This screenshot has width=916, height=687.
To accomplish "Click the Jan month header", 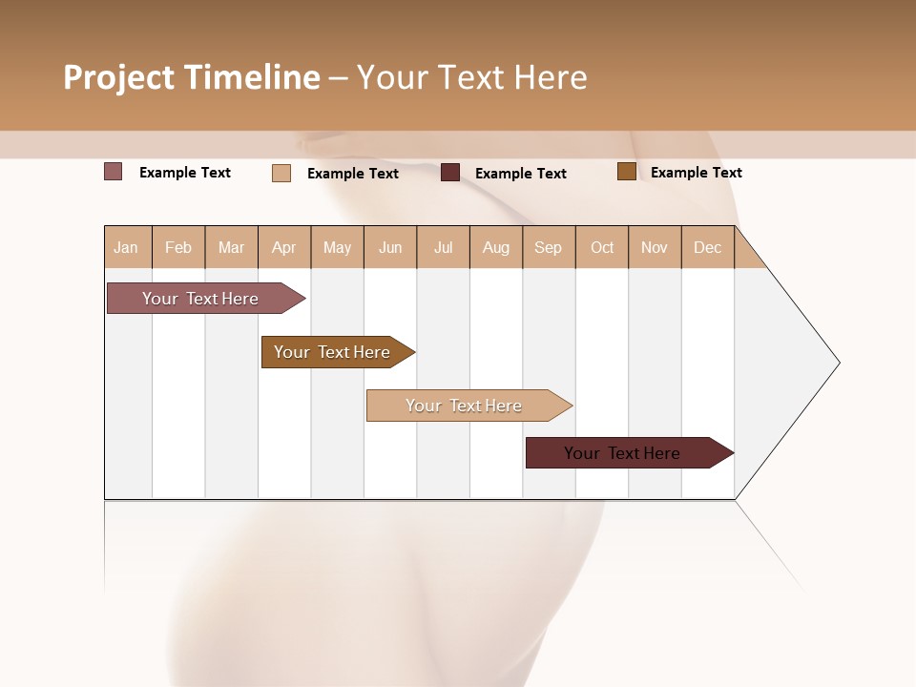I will click(x=127, y=247).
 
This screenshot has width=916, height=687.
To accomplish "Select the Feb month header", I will click(x=178, y=247).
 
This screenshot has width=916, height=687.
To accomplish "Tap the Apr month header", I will click(x=284, y=247).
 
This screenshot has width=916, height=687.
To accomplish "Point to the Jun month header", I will click(x=390, y=247).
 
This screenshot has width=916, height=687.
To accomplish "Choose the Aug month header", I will click(x=496, y=247).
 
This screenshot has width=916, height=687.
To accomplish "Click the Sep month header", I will click(x=549, y=247).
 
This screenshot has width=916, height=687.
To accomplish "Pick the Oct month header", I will click(x=602, y=247).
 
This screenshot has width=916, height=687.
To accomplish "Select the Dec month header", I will click(x=708, y=247).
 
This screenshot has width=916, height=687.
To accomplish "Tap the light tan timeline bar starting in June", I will click(x=465, y=406).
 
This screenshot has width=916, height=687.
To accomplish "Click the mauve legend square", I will click(x=114, y=172).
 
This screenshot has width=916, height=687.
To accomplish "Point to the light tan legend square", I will click(x=281, y=173).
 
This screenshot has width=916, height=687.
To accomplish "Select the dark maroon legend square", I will click(x=450, y=173).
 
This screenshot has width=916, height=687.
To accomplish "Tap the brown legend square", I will click(x=627, y=172).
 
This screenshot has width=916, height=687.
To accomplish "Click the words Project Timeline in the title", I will click(x=192, y=77).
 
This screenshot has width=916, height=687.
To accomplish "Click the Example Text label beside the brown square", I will click(x=697, y=173).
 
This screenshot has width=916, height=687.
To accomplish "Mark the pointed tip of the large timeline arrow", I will click(x=838, y=363).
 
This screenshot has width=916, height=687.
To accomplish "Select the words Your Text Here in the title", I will click(x=472, y=77).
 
